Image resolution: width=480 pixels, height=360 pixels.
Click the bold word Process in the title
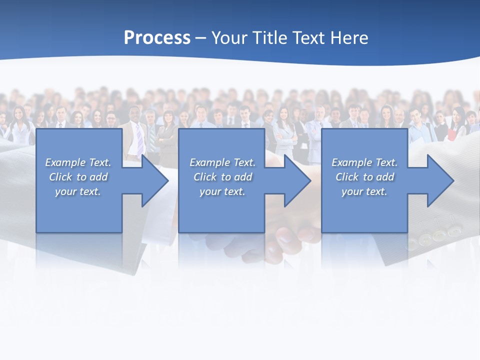157,38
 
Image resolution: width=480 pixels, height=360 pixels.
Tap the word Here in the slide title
348,38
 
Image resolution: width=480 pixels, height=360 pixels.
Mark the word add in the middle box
243,177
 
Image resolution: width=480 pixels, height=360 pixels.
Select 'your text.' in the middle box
222,191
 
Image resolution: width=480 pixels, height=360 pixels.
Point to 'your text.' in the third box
364,191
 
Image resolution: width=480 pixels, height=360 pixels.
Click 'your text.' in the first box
77,191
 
